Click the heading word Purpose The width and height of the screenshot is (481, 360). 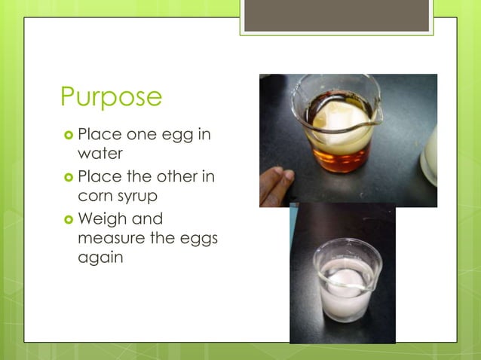tap(111, 97)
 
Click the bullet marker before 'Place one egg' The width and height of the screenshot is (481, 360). tap(67, 136)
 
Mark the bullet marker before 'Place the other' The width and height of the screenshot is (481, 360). tap(67, 178)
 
